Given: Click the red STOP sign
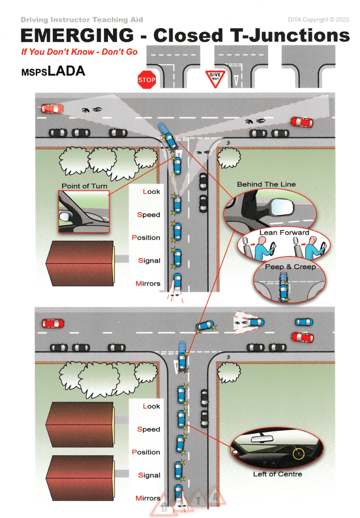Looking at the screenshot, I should point(147,80).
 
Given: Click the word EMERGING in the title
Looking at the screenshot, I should point(77,36).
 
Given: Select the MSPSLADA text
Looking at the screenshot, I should point(53,71).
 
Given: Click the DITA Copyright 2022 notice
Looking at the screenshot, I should point(318,20).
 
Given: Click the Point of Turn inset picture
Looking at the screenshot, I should point(84,212).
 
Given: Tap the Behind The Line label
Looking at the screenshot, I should point(266,184).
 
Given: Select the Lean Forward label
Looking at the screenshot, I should point(284,233).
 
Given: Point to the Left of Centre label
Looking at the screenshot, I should point(277,474).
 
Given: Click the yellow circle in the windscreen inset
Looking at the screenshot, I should point(298,453).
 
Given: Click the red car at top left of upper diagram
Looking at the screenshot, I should point(52,109).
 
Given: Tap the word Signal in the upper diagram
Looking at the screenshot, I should point(149,261).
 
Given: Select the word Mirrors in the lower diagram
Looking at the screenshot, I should point(148,498).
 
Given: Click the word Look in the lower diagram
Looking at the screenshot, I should point(151,406).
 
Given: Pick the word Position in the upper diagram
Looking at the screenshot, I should point(146,238).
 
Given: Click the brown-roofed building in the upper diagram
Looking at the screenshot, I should point(80,263).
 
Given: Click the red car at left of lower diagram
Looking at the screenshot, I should point(53,323).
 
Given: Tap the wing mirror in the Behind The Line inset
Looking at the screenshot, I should point(282,206).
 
